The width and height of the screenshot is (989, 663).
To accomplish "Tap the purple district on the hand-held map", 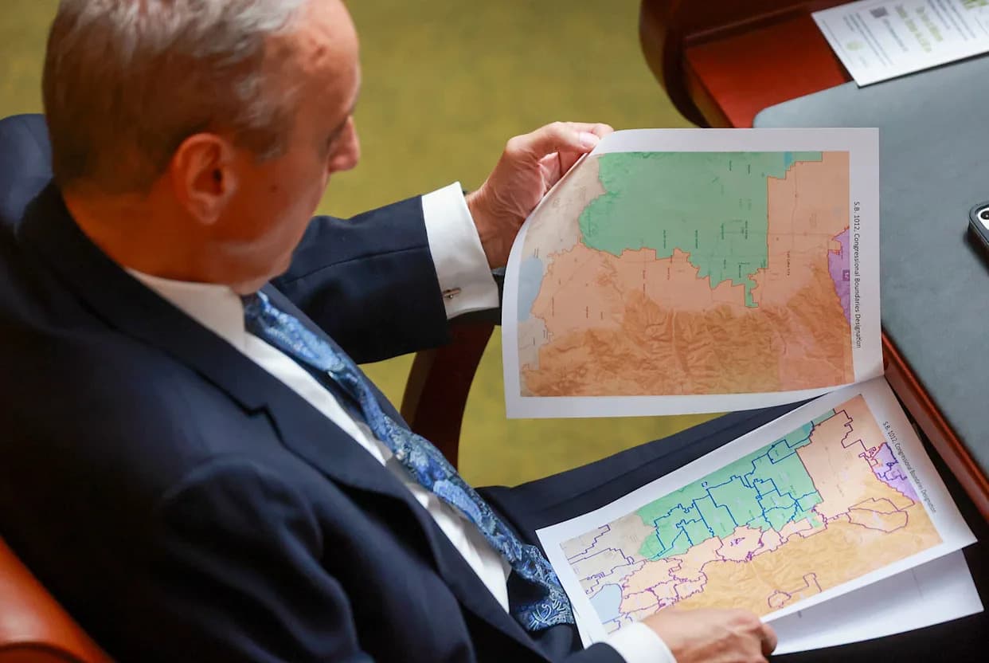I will click(840, 271).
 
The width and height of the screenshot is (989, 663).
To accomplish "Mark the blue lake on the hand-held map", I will click(530, 287).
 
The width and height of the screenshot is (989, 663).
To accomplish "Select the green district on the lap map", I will click(725, 494).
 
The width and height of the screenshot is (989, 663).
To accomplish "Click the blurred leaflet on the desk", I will click(900, 36).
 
